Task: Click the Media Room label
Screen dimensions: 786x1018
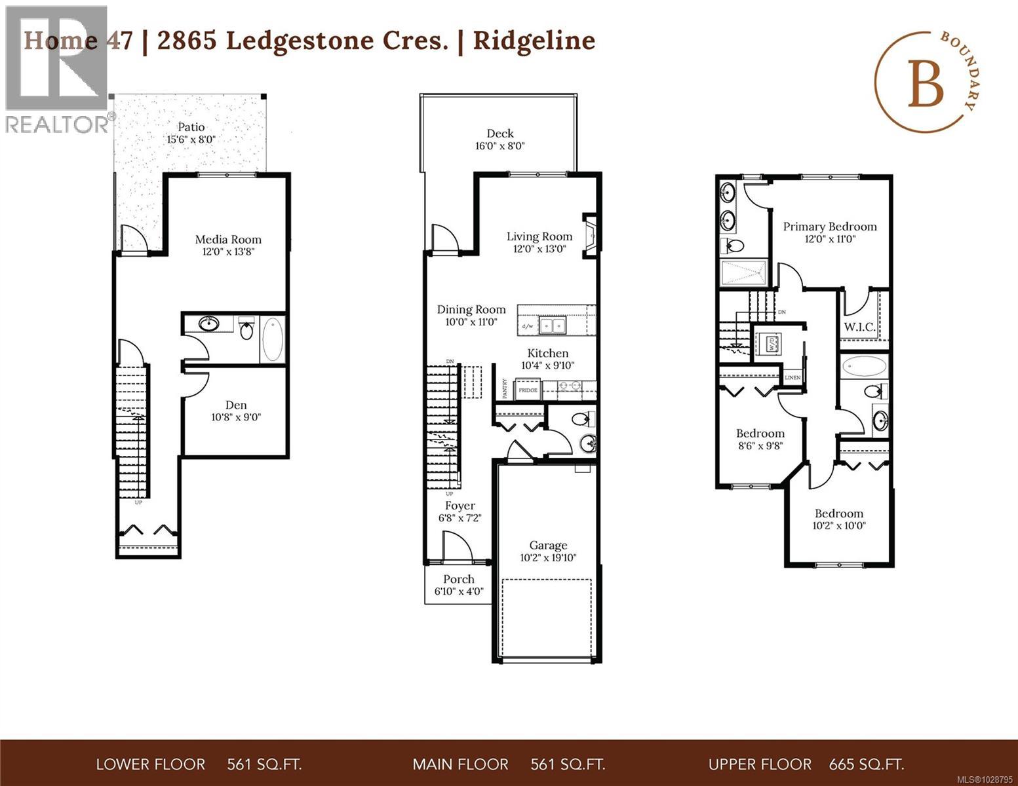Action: tap(228, 240)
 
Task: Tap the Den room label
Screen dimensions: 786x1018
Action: tap(236, 405)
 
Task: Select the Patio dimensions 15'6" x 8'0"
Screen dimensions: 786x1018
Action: tap(191, 140)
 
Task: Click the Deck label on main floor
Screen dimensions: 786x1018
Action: tap(500, 134)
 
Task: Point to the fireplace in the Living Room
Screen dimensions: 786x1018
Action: tap(590, 236)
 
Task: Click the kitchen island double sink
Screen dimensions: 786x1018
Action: tap(553, 325)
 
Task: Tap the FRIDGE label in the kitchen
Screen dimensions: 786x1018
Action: tap(528, 390)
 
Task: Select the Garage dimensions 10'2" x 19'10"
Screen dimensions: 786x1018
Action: tap(548, 558)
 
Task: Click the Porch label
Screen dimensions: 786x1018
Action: tap(459, 579)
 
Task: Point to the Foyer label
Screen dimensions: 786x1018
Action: tap(460, 506)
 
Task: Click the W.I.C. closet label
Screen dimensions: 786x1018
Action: tap(859, 327)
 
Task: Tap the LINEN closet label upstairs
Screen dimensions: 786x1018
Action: tap(793, 378)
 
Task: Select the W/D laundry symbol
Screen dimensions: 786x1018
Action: tap(767, 343)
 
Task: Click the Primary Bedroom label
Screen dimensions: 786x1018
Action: tap(830, 227)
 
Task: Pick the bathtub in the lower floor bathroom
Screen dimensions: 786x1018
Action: tap(273, 340)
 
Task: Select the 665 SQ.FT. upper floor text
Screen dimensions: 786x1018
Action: tap(866, 764)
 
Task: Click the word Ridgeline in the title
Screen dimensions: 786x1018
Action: tap(534, 41)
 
